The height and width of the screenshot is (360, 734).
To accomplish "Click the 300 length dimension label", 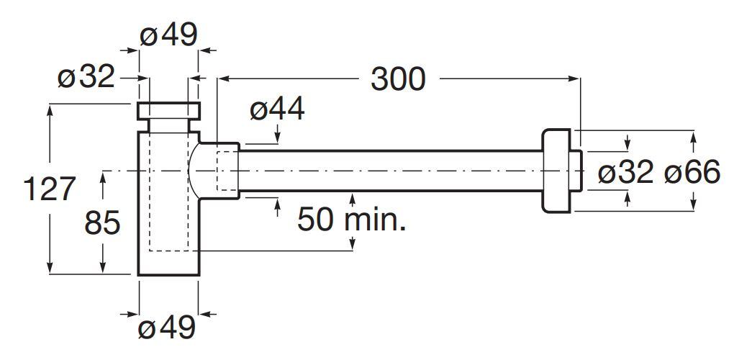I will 398,78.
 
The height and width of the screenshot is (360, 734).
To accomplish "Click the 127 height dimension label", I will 50,189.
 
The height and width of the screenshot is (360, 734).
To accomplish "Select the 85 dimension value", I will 102,224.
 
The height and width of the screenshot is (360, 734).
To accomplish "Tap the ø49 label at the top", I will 168,34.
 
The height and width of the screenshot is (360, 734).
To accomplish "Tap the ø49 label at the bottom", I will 167,328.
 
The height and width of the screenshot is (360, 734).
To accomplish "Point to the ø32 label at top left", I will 86,76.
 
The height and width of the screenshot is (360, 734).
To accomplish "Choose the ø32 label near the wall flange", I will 625,173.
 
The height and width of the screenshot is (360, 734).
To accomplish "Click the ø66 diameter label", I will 692,173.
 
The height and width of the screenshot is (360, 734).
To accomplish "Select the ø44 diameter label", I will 277,109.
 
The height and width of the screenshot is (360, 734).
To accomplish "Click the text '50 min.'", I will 351,219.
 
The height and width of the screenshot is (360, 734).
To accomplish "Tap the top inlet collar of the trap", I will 168,112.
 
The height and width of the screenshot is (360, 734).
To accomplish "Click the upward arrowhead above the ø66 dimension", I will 694,135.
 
